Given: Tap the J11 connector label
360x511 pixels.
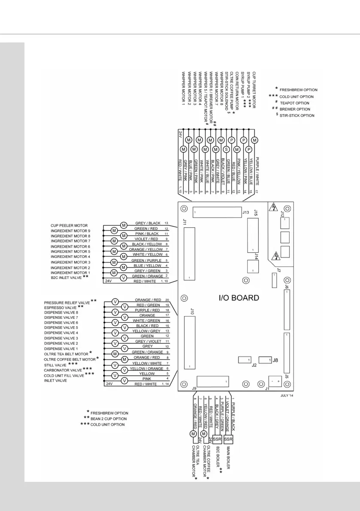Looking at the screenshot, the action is coord(185,222).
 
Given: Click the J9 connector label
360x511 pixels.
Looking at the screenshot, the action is coord(194,389).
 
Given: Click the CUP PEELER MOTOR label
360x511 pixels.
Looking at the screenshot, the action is coord(69,225).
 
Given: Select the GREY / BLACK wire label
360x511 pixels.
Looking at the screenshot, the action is coord(147,224).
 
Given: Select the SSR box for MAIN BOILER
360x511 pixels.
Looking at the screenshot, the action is coord(228,440).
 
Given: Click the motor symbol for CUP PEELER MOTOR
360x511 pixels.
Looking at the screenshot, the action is coord(124,225).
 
